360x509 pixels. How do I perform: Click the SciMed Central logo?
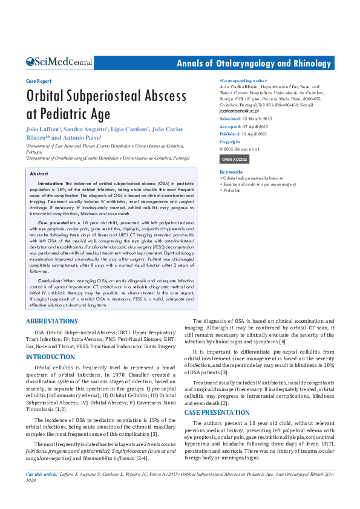click(59, 62)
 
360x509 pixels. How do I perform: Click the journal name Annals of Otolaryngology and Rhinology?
click(254, 63)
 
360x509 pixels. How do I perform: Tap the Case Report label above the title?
click(39, 80)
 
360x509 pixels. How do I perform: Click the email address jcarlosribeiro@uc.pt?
click(239, 111)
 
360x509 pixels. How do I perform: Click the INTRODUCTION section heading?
click(50, 357)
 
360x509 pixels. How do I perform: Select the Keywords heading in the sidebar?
click(231, 172)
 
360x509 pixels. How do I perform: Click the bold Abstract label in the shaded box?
click(39, 173)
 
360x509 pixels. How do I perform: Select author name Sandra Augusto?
click(84, 129)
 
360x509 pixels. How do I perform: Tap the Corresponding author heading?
click(243, 80)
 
